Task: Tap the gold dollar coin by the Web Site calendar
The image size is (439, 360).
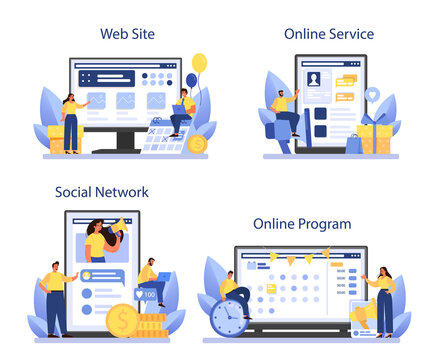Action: pos(197,144)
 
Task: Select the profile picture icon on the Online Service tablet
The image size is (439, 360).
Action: pos(313,78)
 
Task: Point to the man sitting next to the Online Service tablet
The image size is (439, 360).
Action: pos(285,112)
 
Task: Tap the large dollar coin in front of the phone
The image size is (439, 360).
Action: pos(123,319)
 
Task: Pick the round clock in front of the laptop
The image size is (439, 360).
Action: pos(229,316)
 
